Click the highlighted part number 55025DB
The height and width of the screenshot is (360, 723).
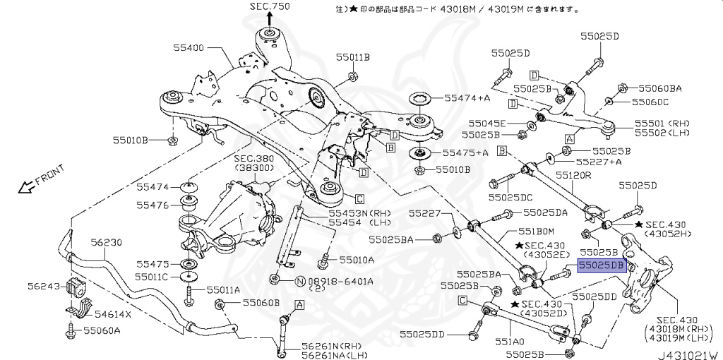(x=602, y=265)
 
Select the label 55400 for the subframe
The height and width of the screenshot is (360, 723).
(x=189, y=48)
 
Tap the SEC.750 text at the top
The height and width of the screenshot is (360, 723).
(x=269, y=6)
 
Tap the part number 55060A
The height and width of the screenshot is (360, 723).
(x=102, y=330)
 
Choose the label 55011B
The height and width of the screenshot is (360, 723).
(x=352, y=56)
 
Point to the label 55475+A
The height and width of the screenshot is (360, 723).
(x=466, y=152)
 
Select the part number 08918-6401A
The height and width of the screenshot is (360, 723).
(x=339, y=281)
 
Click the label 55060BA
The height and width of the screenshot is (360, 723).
(x=660, y=88)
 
